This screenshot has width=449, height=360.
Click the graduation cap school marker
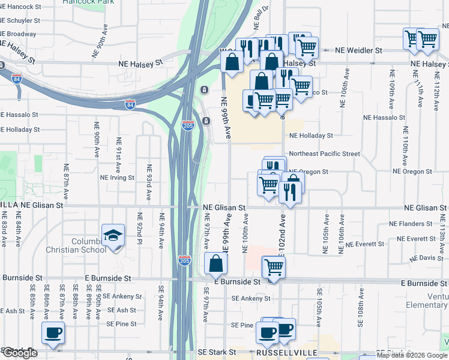tap(112, 235)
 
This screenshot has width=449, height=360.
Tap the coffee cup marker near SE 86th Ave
tap(53, 332)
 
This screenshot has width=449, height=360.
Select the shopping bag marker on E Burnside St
tap(215, 263)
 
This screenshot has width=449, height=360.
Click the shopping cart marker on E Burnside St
tap(273, 265)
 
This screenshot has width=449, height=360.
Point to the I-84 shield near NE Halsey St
tap(16, 78)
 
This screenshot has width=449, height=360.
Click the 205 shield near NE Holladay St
tap(188, 125)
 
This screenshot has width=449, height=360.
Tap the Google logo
tap(19, 353)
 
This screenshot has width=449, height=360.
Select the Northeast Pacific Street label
tap(324, 154)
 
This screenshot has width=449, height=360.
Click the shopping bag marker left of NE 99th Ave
tap(232, 61)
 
